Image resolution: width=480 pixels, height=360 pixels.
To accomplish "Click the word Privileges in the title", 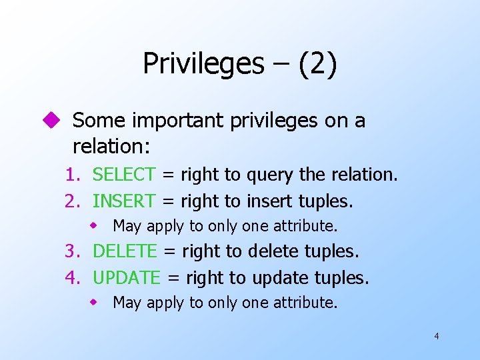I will pos(203,64).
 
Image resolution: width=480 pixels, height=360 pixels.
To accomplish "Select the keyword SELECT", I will pos(123,175).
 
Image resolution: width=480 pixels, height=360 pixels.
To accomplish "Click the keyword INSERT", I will pos(123,200).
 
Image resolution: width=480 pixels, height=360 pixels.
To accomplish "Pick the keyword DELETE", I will pos(125,251).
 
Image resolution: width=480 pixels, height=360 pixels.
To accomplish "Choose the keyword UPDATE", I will pos(127,277).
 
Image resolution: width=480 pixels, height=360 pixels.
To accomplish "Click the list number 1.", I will pos(71,175).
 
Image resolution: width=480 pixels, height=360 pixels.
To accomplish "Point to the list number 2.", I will pos(71,200).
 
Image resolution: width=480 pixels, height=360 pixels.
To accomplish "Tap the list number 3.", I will pos(71,251).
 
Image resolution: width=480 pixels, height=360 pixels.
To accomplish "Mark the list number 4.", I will pos(71,277).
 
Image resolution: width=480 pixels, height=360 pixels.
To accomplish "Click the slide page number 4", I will pos(436,336).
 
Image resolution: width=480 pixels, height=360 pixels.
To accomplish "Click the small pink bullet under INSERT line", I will pos(95,226).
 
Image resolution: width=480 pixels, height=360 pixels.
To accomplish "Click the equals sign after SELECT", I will pos(168,175).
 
